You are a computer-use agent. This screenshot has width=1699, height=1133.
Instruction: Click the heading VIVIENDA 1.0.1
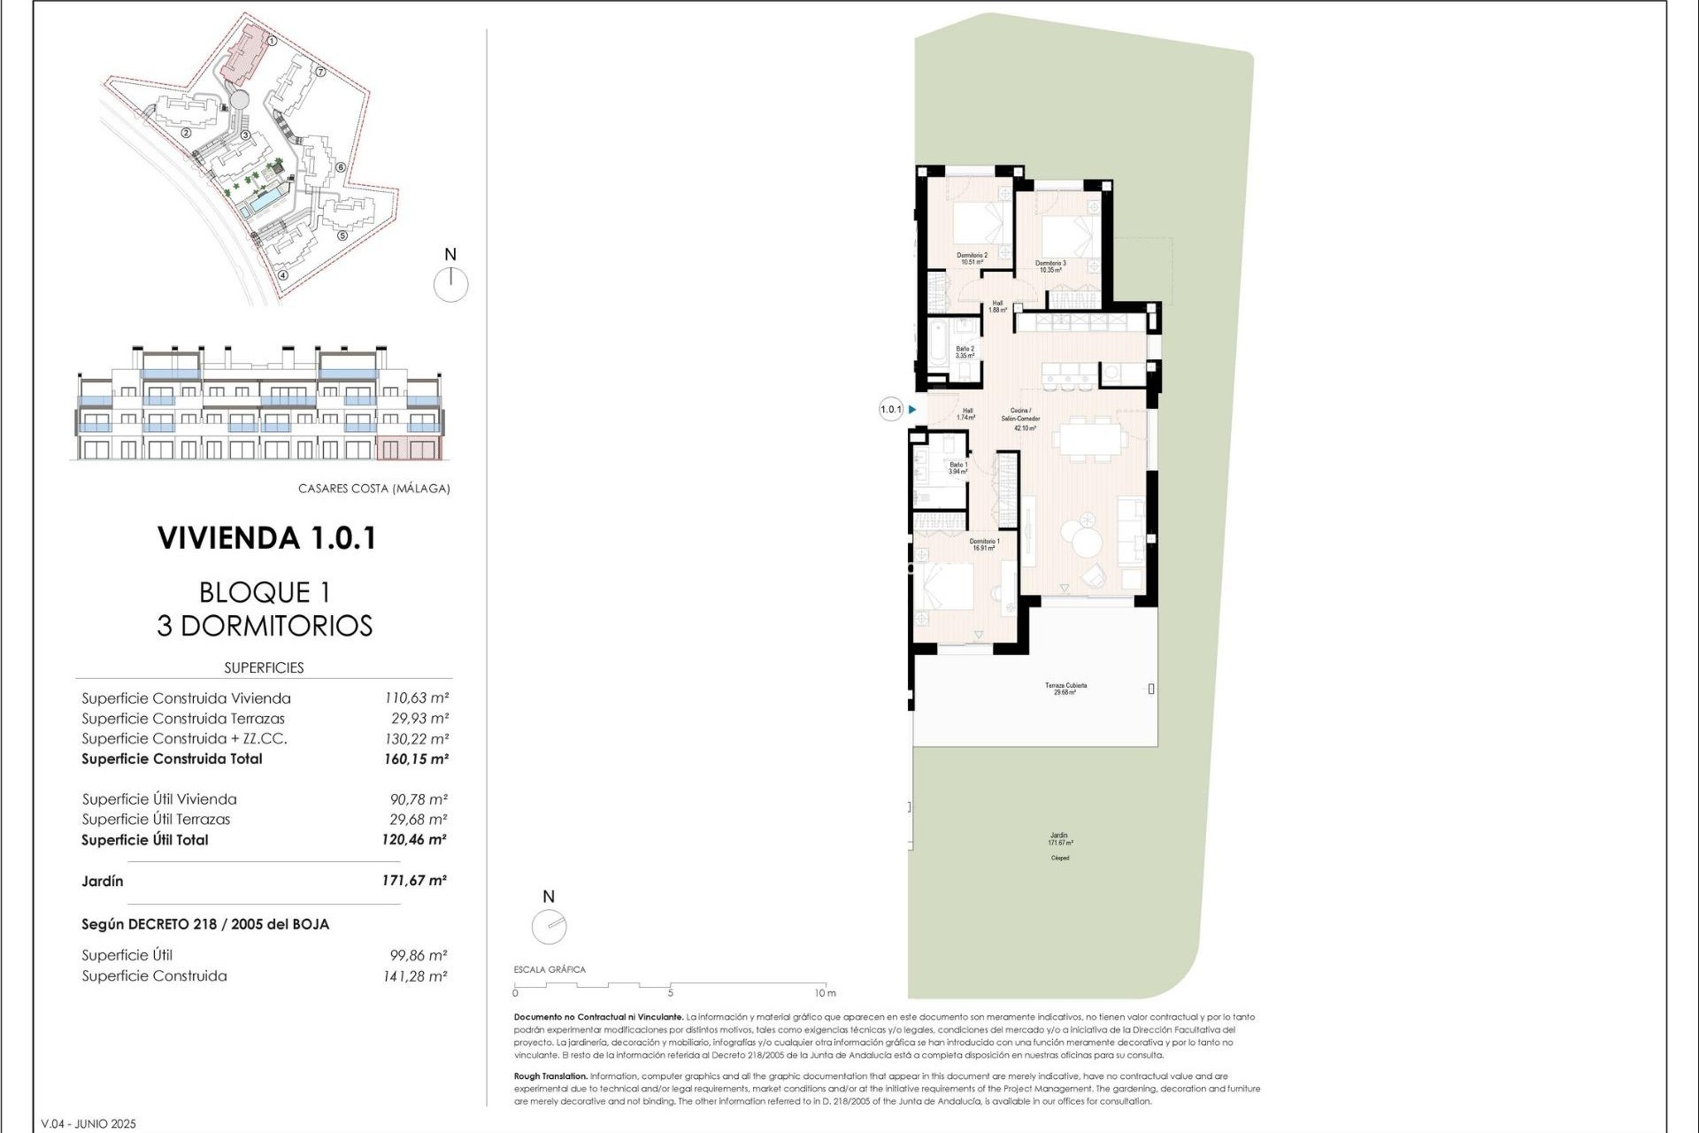coord(266,538)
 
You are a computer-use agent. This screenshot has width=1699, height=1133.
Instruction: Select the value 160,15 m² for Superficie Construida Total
coord(416,759)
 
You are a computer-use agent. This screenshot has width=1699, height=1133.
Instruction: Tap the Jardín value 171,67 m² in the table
coord(414,881)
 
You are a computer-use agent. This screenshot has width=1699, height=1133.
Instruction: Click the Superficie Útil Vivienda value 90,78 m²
coord(418,799)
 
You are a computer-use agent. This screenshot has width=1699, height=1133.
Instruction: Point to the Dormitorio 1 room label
coord(984,544)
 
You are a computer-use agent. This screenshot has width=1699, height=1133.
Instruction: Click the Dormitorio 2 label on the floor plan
coord(972,258)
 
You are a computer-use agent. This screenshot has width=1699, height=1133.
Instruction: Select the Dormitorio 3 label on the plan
coord(1050,266)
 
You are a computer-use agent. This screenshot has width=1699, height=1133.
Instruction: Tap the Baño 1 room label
coord(958,468)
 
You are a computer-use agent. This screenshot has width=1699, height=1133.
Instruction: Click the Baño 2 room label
coord(965,352)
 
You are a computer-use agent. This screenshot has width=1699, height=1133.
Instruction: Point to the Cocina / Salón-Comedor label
coord(1025,419)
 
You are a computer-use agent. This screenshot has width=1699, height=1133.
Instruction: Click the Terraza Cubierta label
coord(1065,689)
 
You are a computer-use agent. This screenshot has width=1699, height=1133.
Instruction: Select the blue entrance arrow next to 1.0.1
coord(912,410)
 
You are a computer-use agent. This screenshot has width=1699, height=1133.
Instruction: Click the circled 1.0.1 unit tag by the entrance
coord(890,410)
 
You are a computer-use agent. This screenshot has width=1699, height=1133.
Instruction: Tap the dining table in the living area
coord(1090,439)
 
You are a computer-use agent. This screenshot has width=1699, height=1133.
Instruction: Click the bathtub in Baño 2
coord(937,351)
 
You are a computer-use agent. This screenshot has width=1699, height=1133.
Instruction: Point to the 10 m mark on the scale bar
coord(825,992)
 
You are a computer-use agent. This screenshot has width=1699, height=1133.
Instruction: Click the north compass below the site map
coord(450,284)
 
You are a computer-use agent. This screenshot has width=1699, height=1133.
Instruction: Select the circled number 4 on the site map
coord(283,274)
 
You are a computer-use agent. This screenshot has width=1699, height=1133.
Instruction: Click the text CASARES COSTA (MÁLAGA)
coord(373,489)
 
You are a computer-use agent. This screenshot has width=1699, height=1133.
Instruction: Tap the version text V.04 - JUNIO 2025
coord(88,1124)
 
